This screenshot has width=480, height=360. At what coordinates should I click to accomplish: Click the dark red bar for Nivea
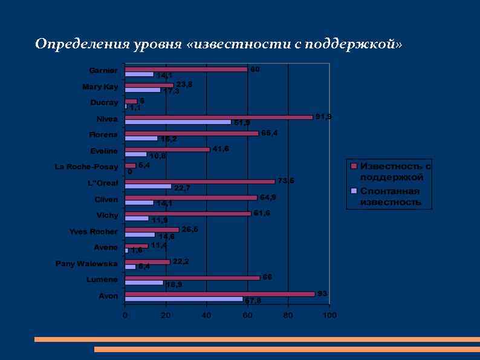219,117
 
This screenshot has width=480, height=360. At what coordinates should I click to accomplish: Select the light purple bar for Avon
184,299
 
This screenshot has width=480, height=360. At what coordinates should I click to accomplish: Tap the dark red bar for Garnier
186,70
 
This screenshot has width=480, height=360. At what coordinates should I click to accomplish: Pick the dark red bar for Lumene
192,278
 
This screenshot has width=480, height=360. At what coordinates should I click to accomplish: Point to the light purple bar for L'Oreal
148,187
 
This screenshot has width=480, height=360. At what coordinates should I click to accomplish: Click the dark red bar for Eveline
167,149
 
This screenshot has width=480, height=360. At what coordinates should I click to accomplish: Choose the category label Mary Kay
100,87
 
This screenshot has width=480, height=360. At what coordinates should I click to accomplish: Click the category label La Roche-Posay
87,166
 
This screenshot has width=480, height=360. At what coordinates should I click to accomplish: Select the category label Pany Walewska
86,264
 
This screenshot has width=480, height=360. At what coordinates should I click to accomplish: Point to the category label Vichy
108,215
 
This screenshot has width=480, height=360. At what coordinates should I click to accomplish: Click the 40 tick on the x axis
207,315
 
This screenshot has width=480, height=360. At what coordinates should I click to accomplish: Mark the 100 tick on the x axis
329,315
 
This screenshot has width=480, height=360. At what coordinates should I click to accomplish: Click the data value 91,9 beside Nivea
323,117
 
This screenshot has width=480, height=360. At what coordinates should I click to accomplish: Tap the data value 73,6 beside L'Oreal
286,180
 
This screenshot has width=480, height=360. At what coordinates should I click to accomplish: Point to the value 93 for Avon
322,293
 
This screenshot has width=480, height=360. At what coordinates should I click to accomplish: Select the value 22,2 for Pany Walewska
181,261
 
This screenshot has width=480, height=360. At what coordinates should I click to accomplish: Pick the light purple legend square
354,191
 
